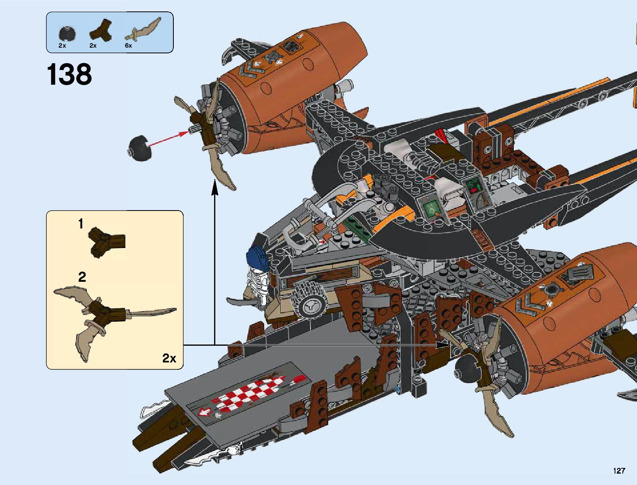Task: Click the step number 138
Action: [x=69, y=75]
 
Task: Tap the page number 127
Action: [x=619, y=471]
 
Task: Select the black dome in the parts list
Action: [x=67, y=33]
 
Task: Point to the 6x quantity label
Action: [x=128, y=46]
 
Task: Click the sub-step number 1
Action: [x=81, y=224]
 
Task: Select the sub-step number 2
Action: [x=82, y=277]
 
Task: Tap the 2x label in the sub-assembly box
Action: [x=169, y=358]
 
